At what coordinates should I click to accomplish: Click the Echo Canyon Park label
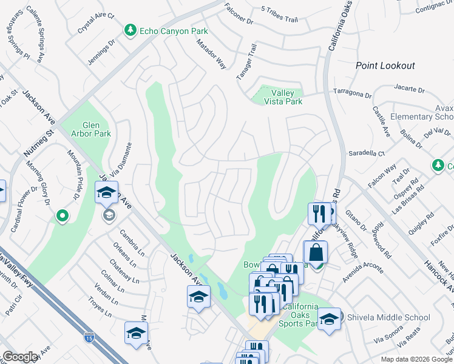coord(174,31)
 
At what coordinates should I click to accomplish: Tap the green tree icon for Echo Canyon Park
coord(130,30)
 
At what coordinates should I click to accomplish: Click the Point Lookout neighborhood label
coord(385,66)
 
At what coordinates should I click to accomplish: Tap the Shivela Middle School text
coord(388,317)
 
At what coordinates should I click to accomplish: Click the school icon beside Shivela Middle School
coord(330,318)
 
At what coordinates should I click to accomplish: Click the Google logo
coord(20,357)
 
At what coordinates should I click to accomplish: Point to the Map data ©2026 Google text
coord(416,359)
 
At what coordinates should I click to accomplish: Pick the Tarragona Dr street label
coord(352,93)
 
